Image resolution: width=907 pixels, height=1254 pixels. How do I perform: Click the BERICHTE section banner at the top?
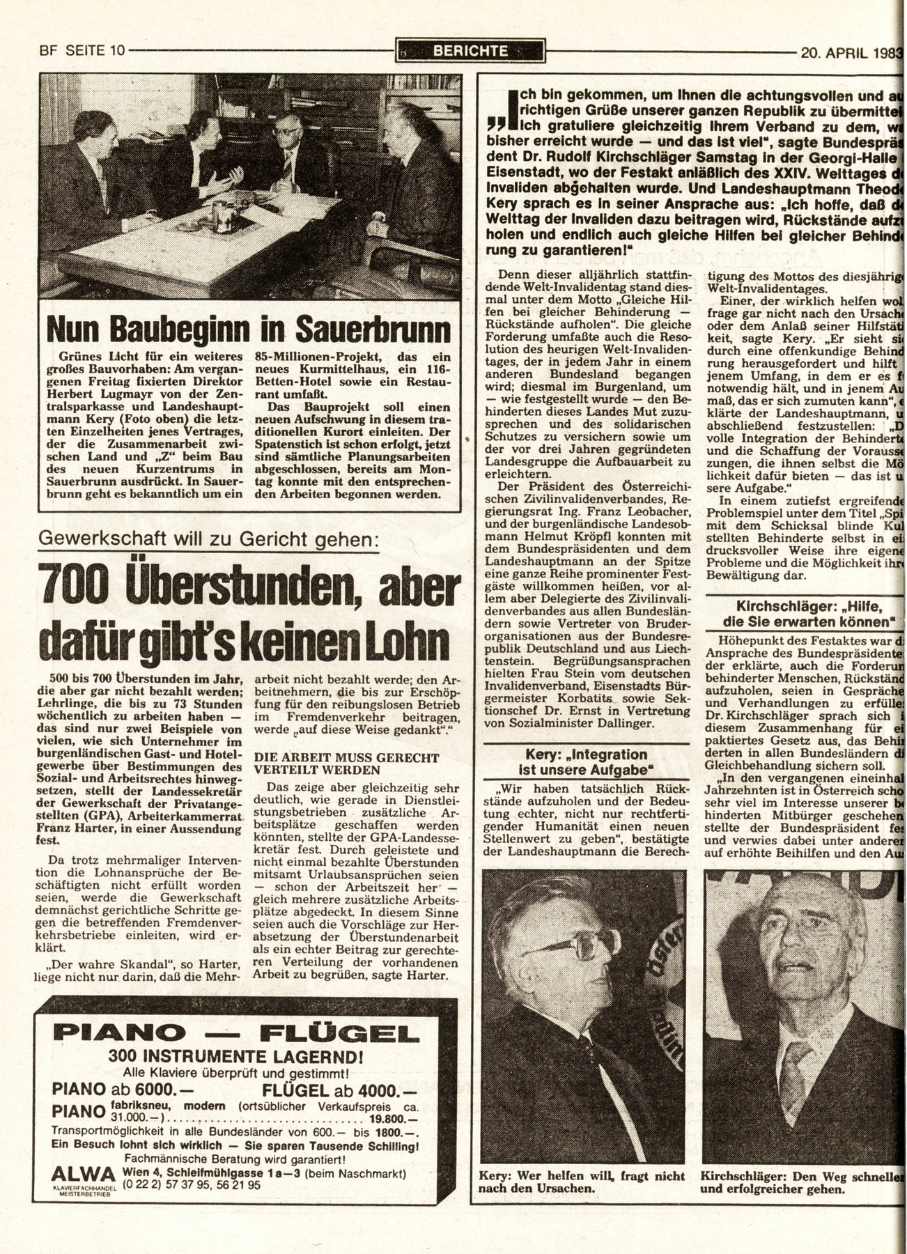click(470, 50)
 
